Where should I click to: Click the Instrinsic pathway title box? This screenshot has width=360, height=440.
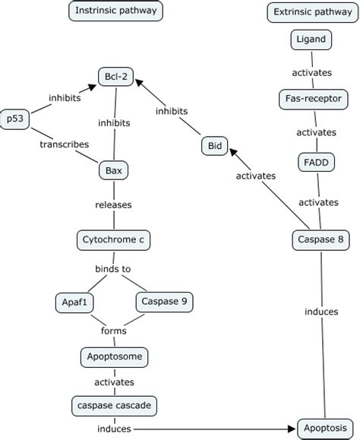115,11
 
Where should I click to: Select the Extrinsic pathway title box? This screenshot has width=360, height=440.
311,11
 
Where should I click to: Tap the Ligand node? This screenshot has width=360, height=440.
311,39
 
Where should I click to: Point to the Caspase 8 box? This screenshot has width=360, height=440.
321,240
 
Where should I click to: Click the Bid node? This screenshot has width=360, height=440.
214,145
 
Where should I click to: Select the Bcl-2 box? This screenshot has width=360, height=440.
115,76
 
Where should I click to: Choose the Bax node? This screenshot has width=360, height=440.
113,170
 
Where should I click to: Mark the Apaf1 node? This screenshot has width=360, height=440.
74,302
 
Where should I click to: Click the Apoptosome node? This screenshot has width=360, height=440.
114,355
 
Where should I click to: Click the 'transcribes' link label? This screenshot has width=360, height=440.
64,144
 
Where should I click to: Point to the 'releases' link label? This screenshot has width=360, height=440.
113,204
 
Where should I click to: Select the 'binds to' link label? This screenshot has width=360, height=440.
113,269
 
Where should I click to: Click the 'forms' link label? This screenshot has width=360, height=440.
113,331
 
